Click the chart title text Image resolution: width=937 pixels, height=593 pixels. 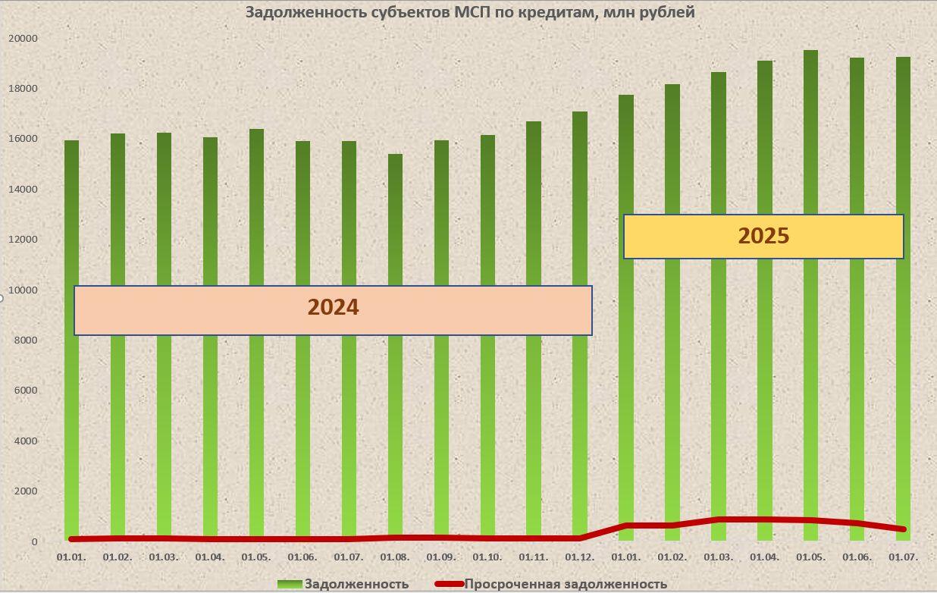point(470,12)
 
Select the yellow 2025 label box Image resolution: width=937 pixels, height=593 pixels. point(763,237)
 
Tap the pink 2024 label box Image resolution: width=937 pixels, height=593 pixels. point(333,309)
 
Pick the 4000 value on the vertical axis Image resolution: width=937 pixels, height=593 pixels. point(24,441)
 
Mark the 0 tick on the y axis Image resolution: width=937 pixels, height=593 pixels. point(34,541)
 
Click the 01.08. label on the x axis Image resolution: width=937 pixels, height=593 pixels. point(395,557)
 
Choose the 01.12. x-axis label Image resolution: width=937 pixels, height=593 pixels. point(580,557)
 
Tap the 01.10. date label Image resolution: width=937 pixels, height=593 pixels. point(487,557)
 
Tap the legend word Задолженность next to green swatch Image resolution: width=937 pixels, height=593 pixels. point(356,584)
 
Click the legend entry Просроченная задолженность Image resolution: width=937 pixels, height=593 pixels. point(566,584)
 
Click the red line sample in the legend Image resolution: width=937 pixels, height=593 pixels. point(449,584)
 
